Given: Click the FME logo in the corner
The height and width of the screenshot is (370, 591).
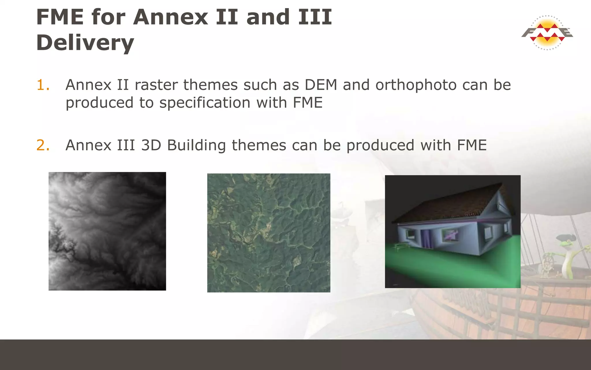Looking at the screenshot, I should coord(547,33).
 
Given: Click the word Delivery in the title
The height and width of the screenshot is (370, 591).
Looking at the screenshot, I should coord(85,42).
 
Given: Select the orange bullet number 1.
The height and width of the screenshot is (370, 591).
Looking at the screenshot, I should coord(43,85).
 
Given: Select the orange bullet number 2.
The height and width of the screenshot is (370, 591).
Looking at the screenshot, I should coord(43,145).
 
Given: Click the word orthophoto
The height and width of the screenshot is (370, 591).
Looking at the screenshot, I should coord(416,85).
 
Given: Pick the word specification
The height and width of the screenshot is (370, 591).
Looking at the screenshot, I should coord(205,103).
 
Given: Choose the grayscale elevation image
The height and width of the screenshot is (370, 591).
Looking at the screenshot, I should coord(107,231).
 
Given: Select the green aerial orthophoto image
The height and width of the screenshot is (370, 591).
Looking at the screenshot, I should coord(269,233).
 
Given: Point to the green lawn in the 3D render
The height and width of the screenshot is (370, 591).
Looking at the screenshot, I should coord(450,269).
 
